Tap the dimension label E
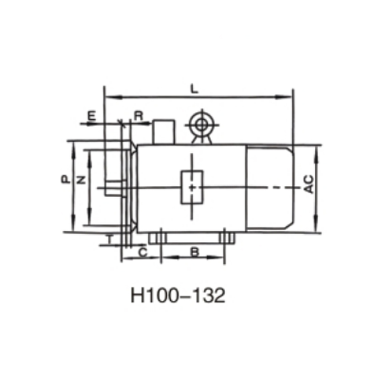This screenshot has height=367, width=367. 92,115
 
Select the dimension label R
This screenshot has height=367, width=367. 139,115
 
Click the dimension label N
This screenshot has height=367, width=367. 81,180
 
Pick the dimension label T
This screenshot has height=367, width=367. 110,239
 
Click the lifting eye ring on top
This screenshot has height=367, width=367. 201,123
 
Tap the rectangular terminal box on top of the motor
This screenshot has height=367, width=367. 163,132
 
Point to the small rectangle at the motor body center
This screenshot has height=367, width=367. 192,187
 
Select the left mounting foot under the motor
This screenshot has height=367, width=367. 158,238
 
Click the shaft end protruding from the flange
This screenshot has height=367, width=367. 112,188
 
